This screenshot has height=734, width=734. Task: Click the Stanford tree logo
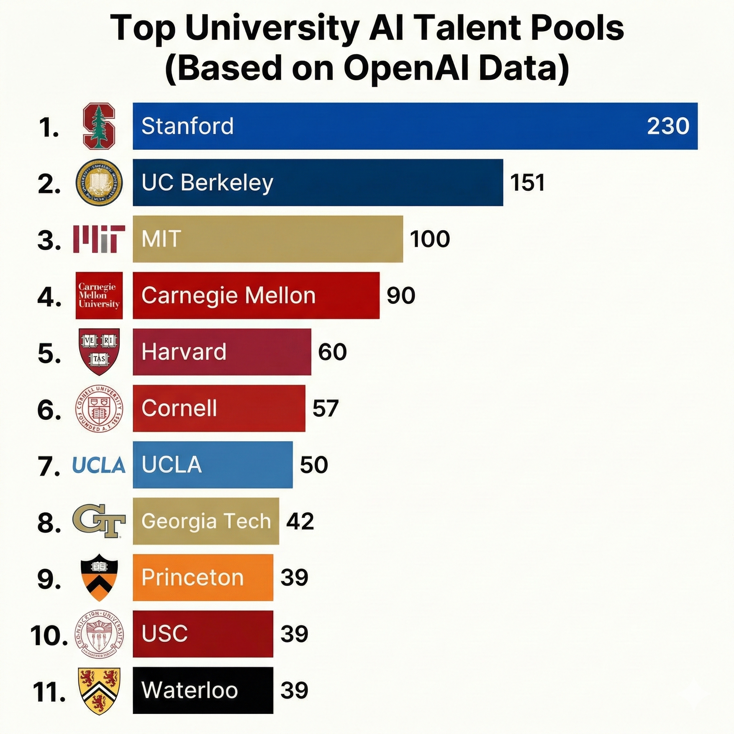coord(99,126)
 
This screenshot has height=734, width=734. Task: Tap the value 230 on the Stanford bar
coord(668,126)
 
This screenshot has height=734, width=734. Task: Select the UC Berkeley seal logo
coord(99,182)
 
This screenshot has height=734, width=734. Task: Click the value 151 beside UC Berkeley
coord(527,183)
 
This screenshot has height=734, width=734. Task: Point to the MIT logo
coord(99,239)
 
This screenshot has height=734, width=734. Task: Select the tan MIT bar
coord(267,239)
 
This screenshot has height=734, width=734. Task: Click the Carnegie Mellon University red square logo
coord(99,295)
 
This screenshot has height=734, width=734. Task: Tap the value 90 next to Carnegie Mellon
coord(401,295)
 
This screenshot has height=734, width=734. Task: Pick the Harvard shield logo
coord(99,352)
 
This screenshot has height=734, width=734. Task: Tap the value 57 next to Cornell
coord(325,409)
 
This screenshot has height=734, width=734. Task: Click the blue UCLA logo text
coord(99,465)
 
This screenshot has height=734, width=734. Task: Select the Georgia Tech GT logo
coord(99,521)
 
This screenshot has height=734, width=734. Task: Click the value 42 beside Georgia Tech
coord(300,521)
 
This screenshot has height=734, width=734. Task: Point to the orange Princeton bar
coord(203,577)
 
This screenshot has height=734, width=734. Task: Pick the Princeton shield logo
coord(99,577)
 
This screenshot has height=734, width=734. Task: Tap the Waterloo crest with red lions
coord(99,691)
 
